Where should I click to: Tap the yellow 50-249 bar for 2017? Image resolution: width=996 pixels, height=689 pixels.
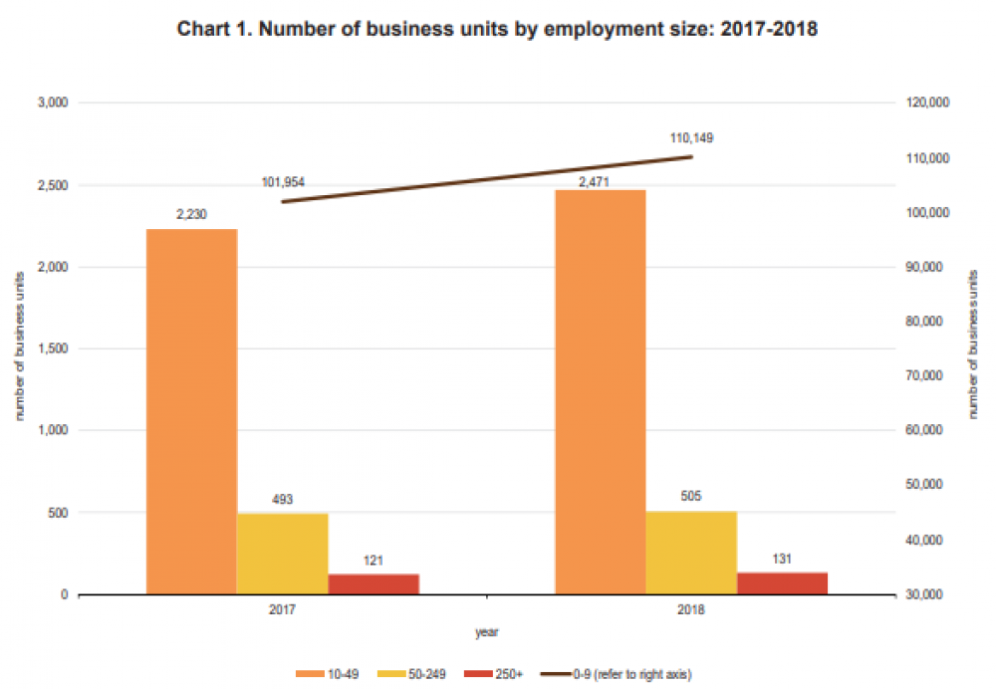(x=283, y=554)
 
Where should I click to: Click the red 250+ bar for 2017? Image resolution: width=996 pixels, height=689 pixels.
(x=373, y=584)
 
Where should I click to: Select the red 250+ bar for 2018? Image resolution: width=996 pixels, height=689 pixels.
(x=782, y=583)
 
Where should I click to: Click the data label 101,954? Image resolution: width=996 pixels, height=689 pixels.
(x=283, y=182)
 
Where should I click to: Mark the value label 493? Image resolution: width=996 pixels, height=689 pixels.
(x=283, y=500)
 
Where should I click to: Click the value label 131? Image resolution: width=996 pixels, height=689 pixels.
(x=782, y=559)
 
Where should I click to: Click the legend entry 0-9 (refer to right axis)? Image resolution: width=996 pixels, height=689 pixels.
(x=618, y=674)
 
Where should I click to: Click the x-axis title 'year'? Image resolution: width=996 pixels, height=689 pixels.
(x=486, y=631)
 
